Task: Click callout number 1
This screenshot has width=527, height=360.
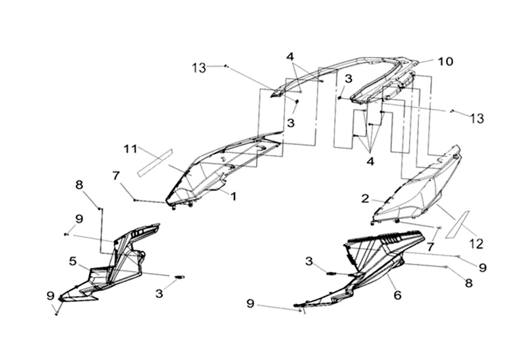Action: pyautogui.click(x=233, y=195)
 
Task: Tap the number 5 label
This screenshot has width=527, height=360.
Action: pyautogui.click(x=73, y=261)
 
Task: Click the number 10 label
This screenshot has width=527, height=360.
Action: pyautogui.click(x=446, y=61)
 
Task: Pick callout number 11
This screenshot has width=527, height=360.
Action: pyautogui.click(x=130, y=148)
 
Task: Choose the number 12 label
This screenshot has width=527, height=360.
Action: pyautogui.click(x=476, y=243)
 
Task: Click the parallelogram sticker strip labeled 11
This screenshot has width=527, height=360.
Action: pyautogui.click(x=154, y=162)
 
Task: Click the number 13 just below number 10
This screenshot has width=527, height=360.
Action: pyautogui.click(x=477, y=118)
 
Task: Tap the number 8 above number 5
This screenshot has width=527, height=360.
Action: pyautogui.click(x=79, y=185)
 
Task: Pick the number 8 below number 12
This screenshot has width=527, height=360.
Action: pyautogui.click(x=469, y=282)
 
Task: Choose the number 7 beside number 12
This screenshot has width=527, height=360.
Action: pyautogui.click(x=430, y=247)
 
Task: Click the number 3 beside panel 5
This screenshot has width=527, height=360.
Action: pyautogui.click(x=159, y=292)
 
